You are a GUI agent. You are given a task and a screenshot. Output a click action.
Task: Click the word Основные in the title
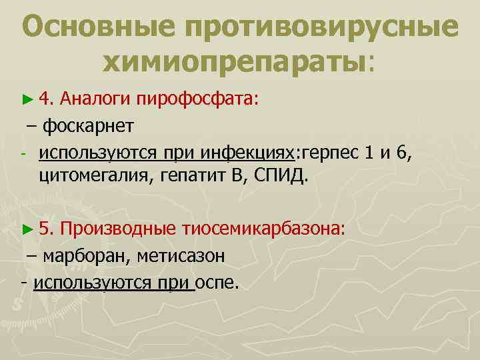pyautogui.click(x=99, y=26)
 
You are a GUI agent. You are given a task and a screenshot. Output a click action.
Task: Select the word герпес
pyautogui.click(x=330, y=153)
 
